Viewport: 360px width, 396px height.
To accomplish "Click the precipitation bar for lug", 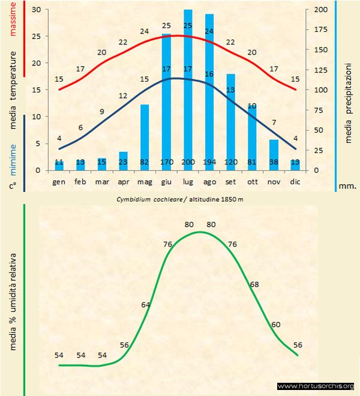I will (188, 90).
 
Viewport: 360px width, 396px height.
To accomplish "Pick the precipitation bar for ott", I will (252, 137).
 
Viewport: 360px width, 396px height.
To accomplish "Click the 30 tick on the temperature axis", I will (36, 10).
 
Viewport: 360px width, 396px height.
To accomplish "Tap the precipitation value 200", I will (188, 163).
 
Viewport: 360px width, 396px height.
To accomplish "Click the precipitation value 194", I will (209, 163).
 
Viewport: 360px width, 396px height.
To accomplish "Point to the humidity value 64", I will (146, 305).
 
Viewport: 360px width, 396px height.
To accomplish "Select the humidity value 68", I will (254, 284).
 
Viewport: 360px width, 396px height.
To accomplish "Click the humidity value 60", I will (275, 325).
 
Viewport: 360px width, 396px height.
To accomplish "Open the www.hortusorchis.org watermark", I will (316, 386).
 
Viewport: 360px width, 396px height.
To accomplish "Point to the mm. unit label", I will (348, 185).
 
